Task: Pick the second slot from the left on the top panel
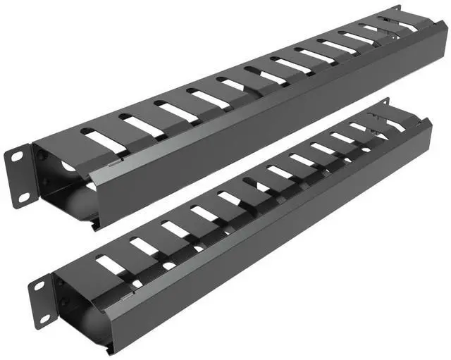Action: tap(140, 125)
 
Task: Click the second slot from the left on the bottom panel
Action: tap(144, 247)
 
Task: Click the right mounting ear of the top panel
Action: tap(396, 11)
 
